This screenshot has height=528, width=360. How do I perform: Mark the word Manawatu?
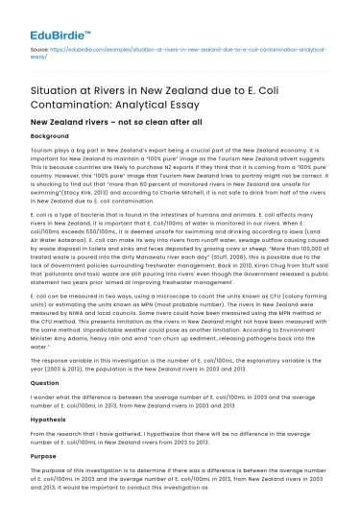[169, 252]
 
